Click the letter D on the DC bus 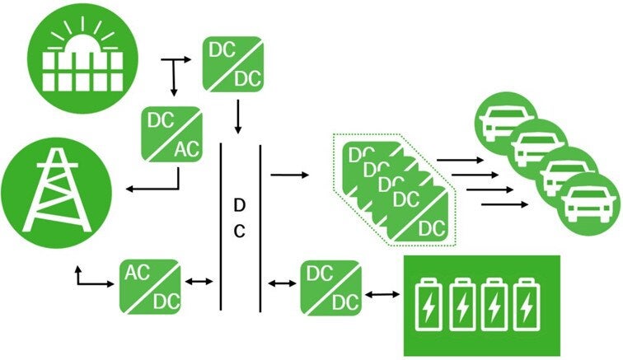click(239, 203)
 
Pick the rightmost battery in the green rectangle click(525, 304)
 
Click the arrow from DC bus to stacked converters click(289, 175)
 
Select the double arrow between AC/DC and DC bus click(198, 282)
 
